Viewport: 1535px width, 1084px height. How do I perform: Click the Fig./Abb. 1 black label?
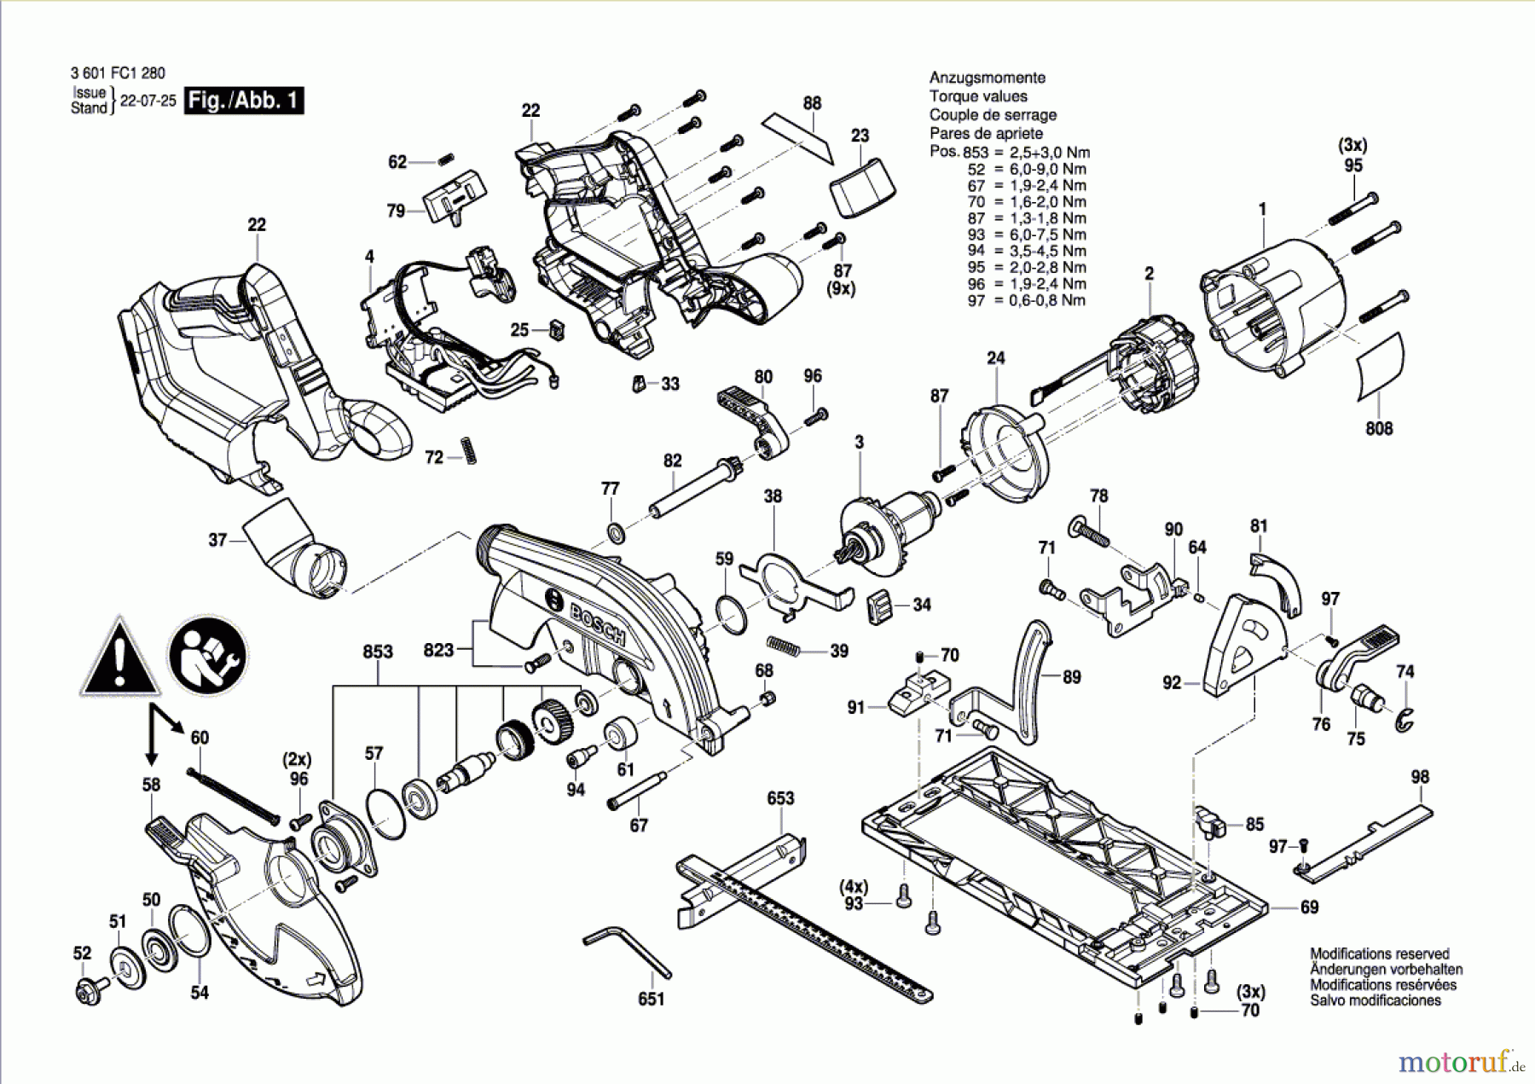[244, 101]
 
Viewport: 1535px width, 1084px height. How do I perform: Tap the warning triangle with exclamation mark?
[120, 658]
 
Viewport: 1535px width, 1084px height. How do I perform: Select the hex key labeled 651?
[628, 954]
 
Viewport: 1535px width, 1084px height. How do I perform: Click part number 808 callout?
[1379, 428]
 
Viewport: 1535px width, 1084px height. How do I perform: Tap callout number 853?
[378, 652]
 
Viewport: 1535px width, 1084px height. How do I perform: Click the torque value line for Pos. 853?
[1010, 153]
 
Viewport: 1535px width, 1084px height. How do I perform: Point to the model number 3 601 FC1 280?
[118, 73]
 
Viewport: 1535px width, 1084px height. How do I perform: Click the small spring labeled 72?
[468, 449]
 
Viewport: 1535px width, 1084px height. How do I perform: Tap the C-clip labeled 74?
[1405, 719]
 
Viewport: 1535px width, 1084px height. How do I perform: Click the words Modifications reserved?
[1379, 954]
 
